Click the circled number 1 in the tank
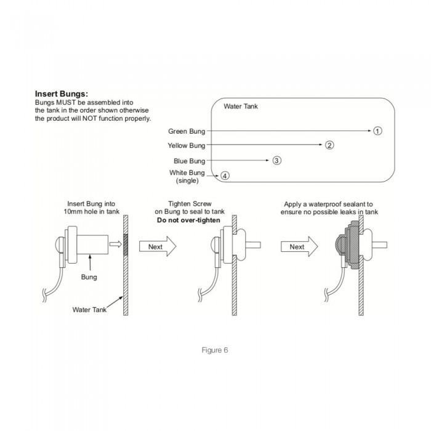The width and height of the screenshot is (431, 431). (x=377, y=131)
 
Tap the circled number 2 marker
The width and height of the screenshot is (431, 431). (x=329, y=145)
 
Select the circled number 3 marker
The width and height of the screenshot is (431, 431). (x=276, y=161)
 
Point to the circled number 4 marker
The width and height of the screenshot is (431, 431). (x=225, y=175)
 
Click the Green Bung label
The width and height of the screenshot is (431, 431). (x=187, y=131)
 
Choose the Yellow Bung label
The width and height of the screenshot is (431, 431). (x=187, y=145)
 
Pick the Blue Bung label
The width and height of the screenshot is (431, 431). (x=190, y=161)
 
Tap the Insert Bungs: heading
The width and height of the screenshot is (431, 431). (x=62, y=94)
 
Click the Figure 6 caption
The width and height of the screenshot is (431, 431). (x=215, y=350)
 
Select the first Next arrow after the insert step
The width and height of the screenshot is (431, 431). (x=158, y=246)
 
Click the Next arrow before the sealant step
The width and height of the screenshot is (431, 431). (x=299, y=246)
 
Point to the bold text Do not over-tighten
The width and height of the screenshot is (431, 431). (x=188, y=220)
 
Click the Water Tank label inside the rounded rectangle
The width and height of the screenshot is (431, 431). (x=241, y=107)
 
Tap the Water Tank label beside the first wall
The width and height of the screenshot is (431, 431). (x=89, y=310)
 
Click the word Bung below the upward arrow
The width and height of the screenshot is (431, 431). (x=89, y=277)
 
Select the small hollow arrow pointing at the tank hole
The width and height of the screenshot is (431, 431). (x=116, y=244)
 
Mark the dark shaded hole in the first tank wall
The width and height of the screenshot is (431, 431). (x=126, y=244)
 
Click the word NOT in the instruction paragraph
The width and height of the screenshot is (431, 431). (x=90, y=118)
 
